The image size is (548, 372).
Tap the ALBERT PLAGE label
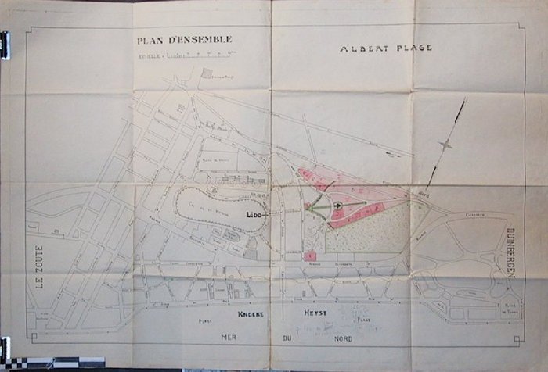[386, 48]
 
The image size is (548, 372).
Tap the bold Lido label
[253, 213]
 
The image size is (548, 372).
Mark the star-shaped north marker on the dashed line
[445, 144]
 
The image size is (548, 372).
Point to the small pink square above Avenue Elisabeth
[311, 255]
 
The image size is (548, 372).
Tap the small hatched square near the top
[207, 73]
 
